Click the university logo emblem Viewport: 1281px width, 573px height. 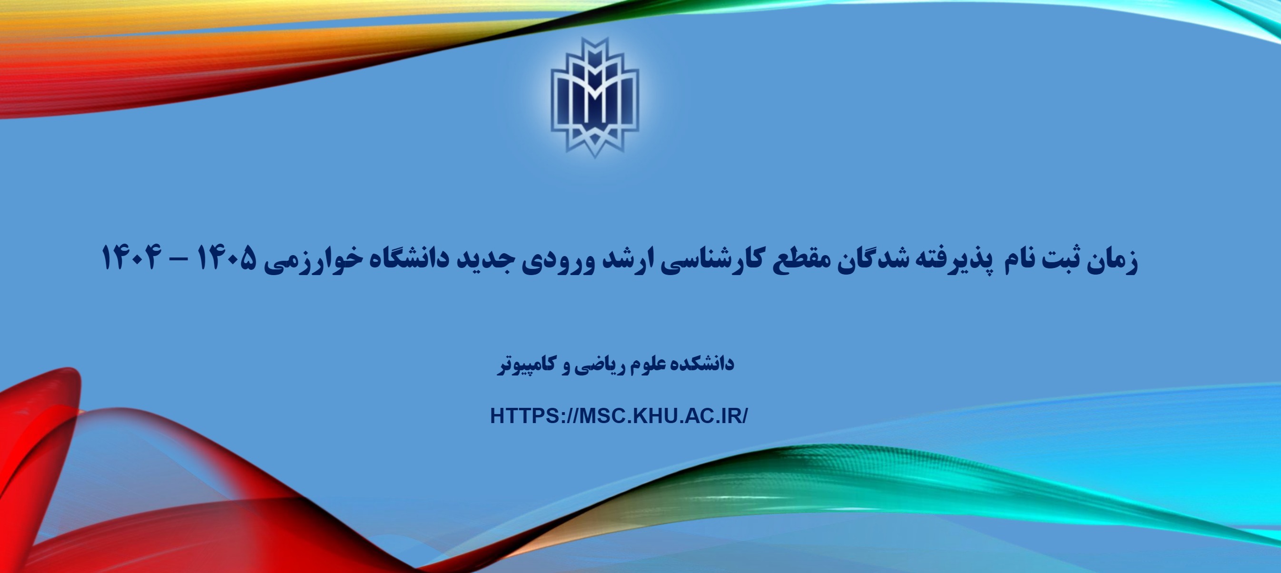coord(595,98)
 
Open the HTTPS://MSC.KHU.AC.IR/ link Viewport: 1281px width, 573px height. coord(619,416)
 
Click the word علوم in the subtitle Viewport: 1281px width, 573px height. coord(644,364)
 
